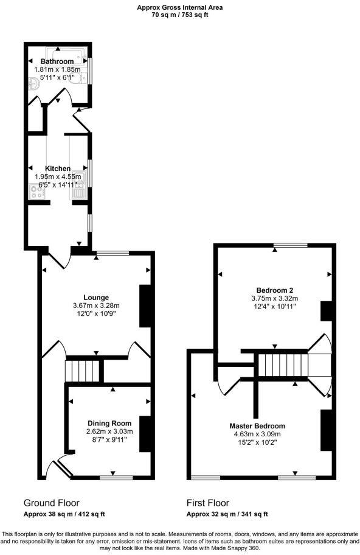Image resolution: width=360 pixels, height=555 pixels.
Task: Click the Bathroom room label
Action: (x=57, y=61)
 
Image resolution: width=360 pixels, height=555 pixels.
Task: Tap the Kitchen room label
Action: (x=58, y=169)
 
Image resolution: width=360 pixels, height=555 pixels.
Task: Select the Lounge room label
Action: (x=97, y=298)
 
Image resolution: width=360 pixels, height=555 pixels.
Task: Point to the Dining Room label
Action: (x=109, y=424)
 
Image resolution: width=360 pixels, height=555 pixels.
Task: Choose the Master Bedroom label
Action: (x=257, y=426)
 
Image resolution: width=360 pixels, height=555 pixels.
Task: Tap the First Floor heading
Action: (x=207, y=503)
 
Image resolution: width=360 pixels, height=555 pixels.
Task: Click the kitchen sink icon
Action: (x=80, y=194)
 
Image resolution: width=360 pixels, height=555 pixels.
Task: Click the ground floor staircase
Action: (x=82, y=369)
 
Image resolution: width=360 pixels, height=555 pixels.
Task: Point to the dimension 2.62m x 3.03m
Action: (x=109, y=431)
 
